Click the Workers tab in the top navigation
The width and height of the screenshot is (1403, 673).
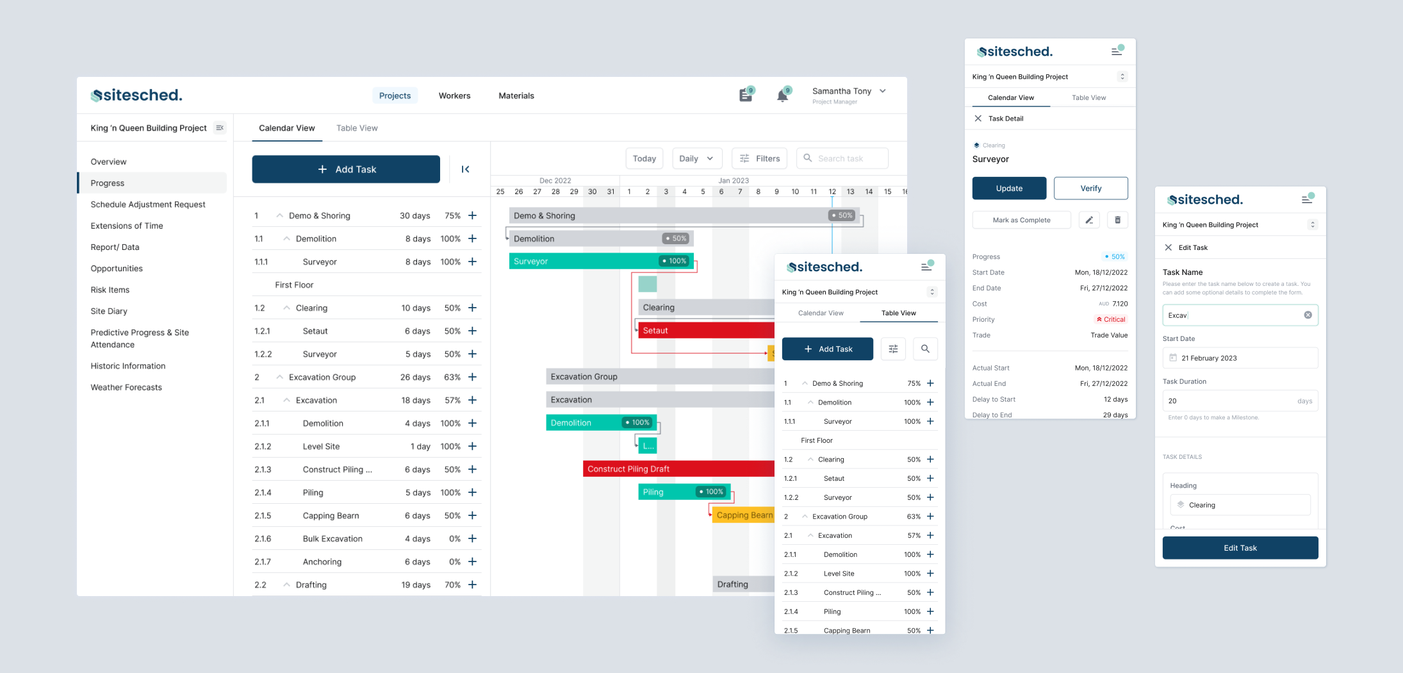[x=454, y=96]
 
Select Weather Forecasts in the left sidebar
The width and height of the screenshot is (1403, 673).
[x=126, y=387]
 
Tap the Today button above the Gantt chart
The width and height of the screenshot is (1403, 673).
[x=644, y=158]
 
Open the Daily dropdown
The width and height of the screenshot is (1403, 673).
[x=696, y=158]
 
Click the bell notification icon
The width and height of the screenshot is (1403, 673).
[x=782, y=96]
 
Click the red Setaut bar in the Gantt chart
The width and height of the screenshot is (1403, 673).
[x=705, y=331]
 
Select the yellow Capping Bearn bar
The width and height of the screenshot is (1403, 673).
[x=743, y=515]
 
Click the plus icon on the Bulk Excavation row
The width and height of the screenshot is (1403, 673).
[x=472, y=538]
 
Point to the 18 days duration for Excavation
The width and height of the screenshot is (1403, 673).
[x=415, y=400]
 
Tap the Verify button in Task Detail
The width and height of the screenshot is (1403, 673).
[x=1090, y=188]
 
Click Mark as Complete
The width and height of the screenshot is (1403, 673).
[x=1021, y=220]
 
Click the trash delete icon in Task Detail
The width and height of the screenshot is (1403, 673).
[x=1117, y=220]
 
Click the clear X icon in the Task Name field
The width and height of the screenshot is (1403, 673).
[x=1308, y=315]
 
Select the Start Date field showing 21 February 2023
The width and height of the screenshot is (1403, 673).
[x=1240, y=358]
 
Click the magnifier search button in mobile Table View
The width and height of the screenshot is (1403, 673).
[x=925, y=349]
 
